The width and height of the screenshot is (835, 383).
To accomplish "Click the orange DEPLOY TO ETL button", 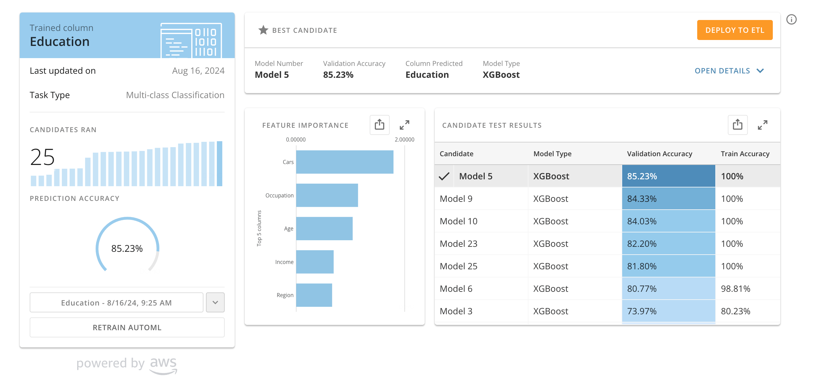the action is pos(734,30).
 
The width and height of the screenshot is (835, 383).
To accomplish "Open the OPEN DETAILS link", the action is pos(729,71).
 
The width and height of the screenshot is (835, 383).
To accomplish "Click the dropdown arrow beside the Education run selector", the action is pos(215,302).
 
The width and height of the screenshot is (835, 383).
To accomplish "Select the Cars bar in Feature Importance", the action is pos(345,162).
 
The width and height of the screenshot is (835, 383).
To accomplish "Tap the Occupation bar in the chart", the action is pos(327,195).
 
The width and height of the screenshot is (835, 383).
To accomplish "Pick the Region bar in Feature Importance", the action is pos(314,295).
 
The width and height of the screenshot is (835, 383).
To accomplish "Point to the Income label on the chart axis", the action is pos(284,262).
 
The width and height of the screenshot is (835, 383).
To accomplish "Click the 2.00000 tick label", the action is pos(404,140).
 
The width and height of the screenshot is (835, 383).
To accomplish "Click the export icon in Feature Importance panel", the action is pos(380,125).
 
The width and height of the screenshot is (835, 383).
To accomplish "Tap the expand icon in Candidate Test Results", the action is pos(762,125).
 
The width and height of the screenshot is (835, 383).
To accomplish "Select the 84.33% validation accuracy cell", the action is pos(668,199).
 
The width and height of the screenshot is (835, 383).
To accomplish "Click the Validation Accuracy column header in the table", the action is pos(659,154).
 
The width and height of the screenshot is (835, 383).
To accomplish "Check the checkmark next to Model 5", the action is pos(444,176).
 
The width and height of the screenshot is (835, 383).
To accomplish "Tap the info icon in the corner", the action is pos(791,19).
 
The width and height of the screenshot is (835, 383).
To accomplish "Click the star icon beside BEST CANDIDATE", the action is pos(263,30).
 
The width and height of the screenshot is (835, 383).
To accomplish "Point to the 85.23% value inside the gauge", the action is pos(127,249).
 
